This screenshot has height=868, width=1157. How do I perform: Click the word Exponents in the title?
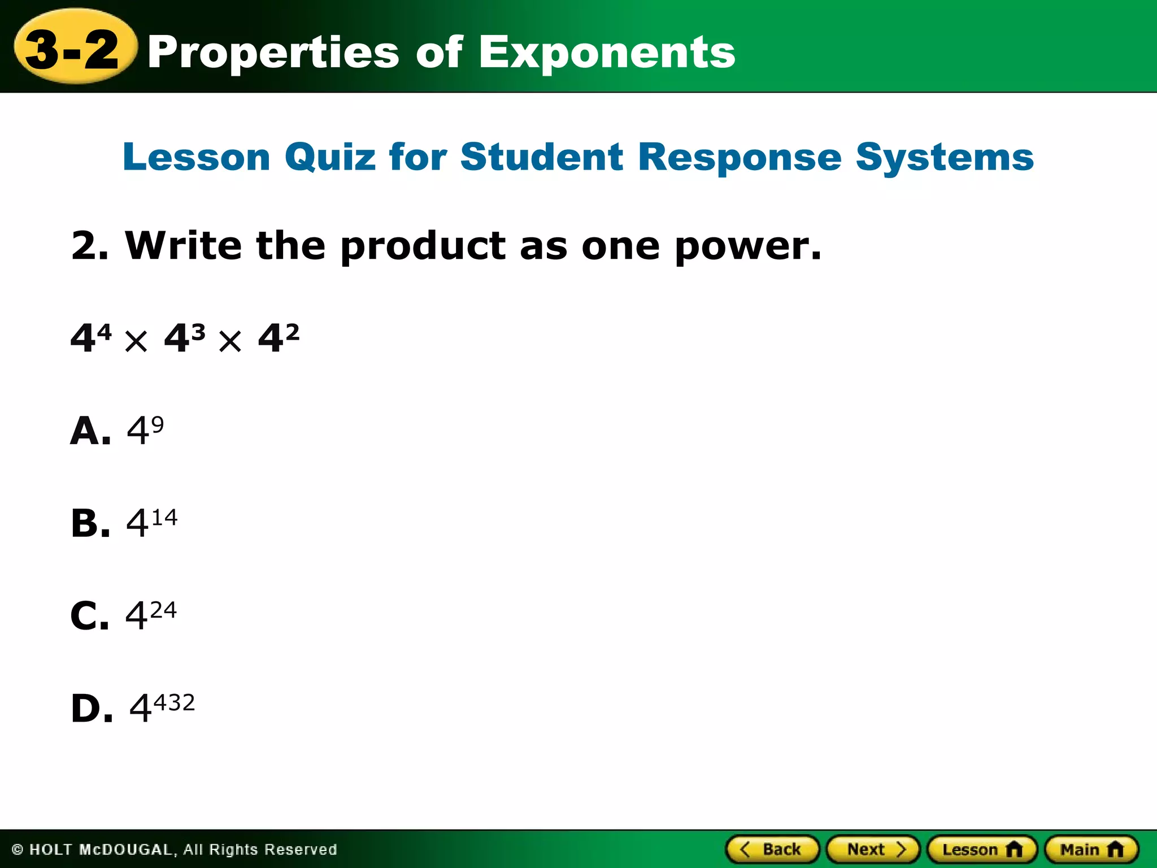coord(607,53)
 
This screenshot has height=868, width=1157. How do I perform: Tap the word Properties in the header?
coord(273,53)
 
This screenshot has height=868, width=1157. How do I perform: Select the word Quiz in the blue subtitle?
coord(330,157)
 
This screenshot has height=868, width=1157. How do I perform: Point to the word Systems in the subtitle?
coord(945,157)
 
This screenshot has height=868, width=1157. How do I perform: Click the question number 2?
coord(88,246)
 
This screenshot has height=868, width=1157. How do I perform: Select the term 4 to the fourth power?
coord(91,338)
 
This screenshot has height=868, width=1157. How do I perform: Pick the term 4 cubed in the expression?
coord(184,338)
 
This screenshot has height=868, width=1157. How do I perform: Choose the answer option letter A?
coord(90,431)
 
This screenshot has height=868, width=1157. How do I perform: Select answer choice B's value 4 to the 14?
coord(151,522)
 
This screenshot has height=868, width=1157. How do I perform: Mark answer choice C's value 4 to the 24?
coord(151,615)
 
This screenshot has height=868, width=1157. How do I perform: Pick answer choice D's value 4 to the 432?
coord(162,707)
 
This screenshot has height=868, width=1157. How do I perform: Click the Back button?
coord(772,849)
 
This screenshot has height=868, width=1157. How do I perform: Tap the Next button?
coord(873,849)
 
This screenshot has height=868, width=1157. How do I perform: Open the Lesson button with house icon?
coord(982,849)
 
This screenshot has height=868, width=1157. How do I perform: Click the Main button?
coord(1091,849)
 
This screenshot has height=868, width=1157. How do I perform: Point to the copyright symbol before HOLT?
coord(18,849)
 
